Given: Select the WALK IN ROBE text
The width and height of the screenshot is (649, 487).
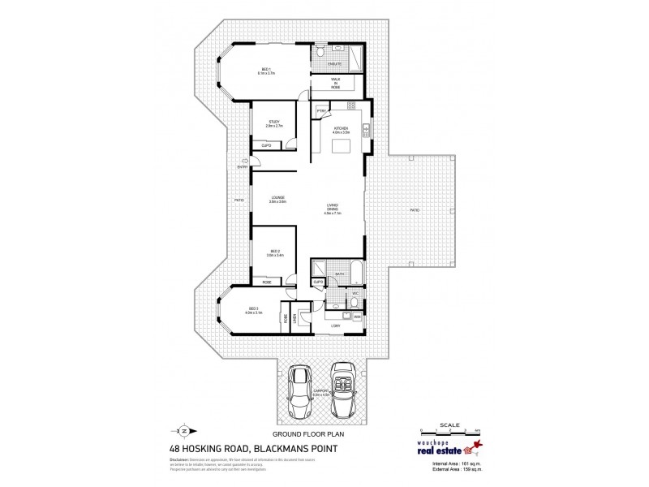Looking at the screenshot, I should click(335, 84).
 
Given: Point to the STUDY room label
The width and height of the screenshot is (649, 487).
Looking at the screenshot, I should click(273, 123).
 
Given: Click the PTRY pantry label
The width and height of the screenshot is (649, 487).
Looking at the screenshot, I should click(322, 110).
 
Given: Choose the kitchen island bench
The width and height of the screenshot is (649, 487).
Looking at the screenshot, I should click(343, 145).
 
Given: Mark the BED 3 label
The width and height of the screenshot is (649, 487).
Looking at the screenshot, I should click(253, 309).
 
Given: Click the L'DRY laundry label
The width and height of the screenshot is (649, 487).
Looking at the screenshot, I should click(335, 326).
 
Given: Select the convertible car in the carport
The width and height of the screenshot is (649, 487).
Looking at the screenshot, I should click(345, 390).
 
